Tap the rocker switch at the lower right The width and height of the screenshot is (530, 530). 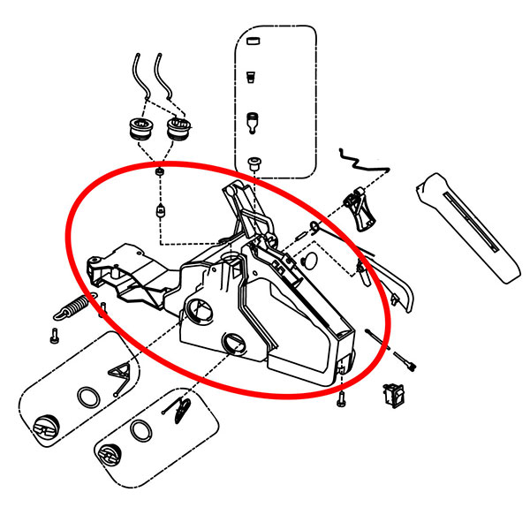point(391,394)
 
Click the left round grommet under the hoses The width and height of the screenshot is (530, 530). point(140,130)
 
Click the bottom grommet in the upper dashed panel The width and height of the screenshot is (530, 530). point(255,163)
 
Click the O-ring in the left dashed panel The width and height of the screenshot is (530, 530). point(88,394)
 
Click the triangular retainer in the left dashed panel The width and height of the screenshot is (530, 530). point(118,375)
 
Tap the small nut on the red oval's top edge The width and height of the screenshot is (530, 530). point(158,170)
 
